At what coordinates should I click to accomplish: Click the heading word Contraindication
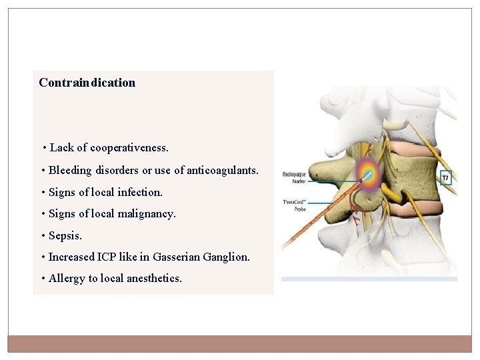(x=87, y=83)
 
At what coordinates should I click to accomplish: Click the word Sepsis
(x=65, y=235)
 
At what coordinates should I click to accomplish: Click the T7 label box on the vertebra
(x=445, y=178)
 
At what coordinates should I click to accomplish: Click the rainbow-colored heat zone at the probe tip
(x=366, y=174)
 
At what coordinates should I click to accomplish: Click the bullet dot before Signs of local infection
(x=43, y=193)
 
